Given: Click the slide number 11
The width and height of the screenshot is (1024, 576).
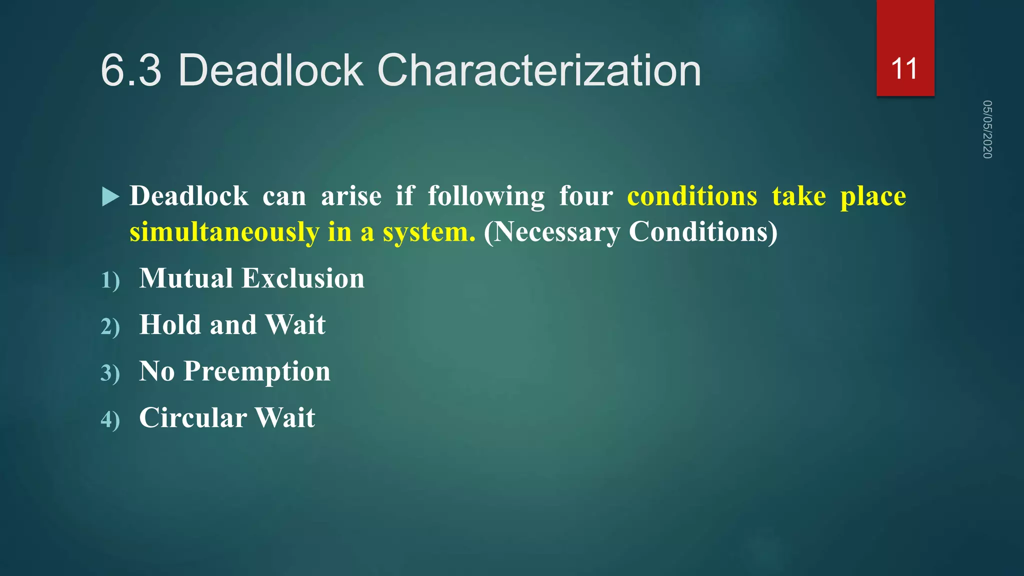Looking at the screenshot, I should point(904,69).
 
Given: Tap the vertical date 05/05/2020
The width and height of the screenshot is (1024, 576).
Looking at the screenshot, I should point(987,129).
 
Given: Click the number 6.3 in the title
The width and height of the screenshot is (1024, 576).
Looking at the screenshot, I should point(131,70).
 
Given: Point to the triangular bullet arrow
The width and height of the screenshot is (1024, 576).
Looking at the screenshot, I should point(110,196).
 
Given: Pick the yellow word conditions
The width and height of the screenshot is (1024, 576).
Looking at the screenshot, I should point(692,196).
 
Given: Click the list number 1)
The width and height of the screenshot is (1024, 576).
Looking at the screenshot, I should point(110,280).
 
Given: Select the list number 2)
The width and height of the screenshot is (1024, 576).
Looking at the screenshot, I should point(110,326).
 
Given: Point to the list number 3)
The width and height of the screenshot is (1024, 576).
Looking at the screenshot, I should point(110,373).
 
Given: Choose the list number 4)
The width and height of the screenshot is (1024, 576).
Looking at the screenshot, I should point(110,419).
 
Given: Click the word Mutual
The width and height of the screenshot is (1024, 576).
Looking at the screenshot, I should point(186,278).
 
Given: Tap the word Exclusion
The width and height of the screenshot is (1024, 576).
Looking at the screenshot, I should point(303,278).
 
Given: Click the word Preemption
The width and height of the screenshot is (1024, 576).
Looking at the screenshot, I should point(257,371).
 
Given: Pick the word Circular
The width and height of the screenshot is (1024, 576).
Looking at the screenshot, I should point(192,418).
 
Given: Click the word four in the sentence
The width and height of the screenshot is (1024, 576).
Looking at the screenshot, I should point(585,196).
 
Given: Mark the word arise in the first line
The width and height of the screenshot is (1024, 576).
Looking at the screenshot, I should point(351,196).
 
